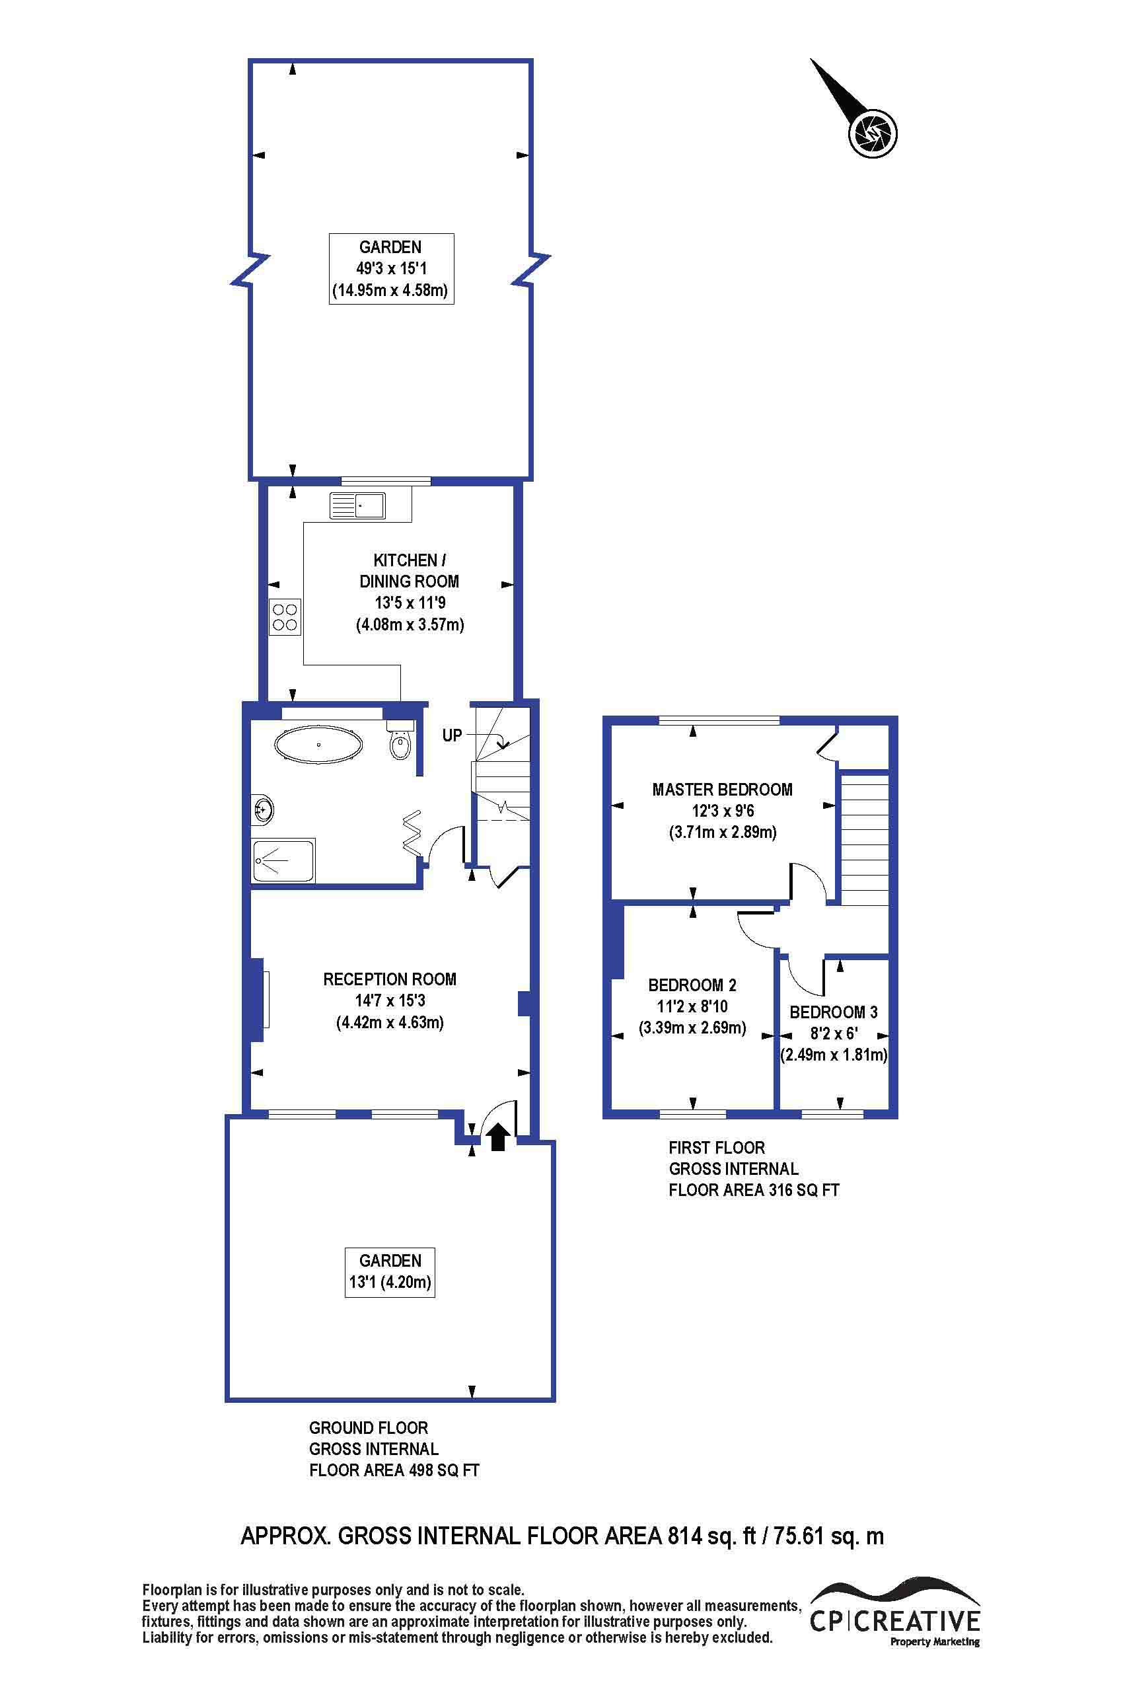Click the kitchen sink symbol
pyautogui.click(x=357, y=505)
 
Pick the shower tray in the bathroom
pyautogui.click(x=283, y=861)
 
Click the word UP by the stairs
pyautogui.click(x=452, y=735)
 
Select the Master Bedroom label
pyautogui.click(x=722, y=790)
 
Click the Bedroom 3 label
pyautogui.click(x=833, y=1012)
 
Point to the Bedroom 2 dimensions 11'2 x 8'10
pyautogui.click(x=692, y=1006)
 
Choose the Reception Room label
pyautogui.click(x=390, y=979)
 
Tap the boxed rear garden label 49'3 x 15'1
pyautogui.click(x=391, y=269)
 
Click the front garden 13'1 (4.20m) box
pyautogui.click(x=390, y=1273)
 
